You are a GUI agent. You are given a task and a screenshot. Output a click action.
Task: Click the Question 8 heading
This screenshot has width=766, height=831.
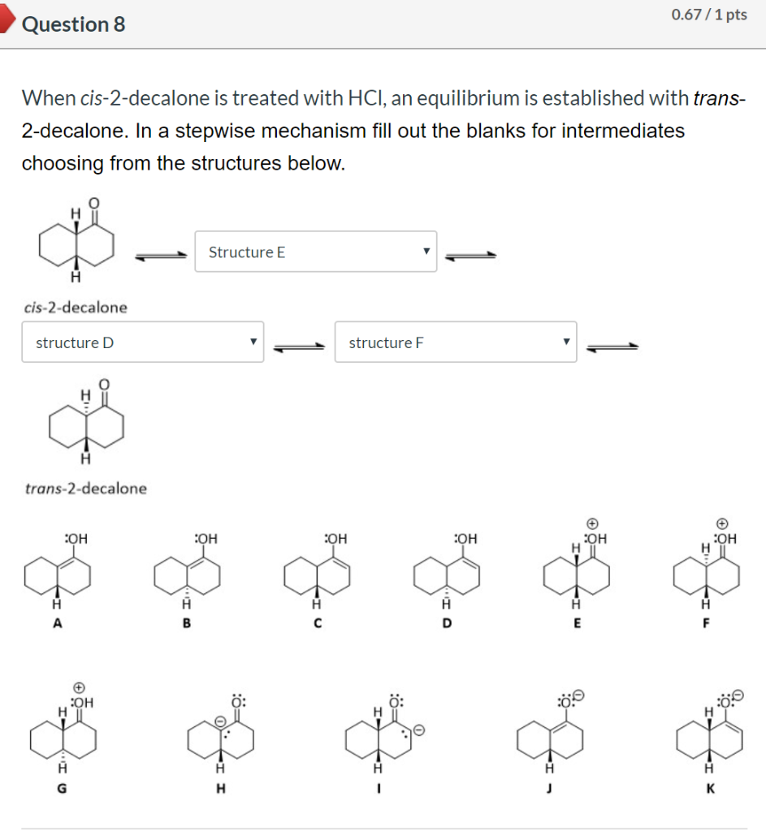pyautogui.click(x=74, y=24)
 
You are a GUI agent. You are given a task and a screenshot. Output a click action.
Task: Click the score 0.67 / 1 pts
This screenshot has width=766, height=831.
pyautogui.click(x=709, y=15)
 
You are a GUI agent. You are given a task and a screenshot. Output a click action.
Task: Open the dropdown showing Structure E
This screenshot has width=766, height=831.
pyautogui.click(x=315, y=252)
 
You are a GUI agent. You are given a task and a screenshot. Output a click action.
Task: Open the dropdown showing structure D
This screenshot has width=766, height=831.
pyautogui.click(x=142, y=342)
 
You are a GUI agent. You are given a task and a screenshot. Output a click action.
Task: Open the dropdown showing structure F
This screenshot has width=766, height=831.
pyautogui.click(x=455, y=342)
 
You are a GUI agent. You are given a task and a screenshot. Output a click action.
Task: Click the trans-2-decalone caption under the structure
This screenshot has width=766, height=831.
pyautogui.click(x=86, y=489)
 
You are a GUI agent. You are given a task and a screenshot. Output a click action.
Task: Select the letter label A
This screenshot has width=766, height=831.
pyautogui.click(x=56, y=623)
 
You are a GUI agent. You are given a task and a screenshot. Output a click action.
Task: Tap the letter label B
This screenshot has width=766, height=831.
pyautogui.click(x=186, y=623)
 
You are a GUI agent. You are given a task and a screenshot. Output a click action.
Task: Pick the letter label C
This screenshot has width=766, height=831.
pyautogui.click(x=318, y=623)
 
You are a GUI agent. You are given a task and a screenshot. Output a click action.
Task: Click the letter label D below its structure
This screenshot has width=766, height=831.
pyautogui.click(x=447, y=623)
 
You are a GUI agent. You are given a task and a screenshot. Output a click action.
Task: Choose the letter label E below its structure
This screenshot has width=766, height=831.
pyautogui.click(x=577, y=623)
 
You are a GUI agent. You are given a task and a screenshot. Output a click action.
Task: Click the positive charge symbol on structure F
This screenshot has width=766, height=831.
pyautogui.click(x=721, y=523)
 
